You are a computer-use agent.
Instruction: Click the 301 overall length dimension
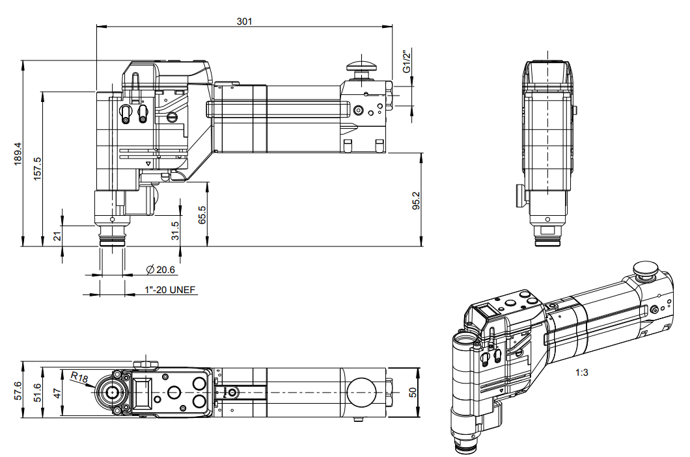tap(244, 21)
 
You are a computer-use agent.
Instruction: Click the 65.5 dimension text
tap(202, 215)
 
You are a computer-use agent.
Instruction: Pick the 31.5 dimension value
tap(174, 230)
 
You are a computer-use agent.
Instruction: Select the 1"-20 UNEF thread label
tap(170, 290)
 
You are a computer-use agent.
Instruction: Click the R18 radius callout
tap(79, 377)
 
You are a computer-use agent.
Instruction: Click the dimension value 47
tap(57, 392)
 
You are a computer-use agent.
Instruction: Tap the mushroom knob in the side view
tap(362, 66)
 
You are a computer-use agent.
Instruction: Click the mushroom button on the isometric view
tap(646, 268)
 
